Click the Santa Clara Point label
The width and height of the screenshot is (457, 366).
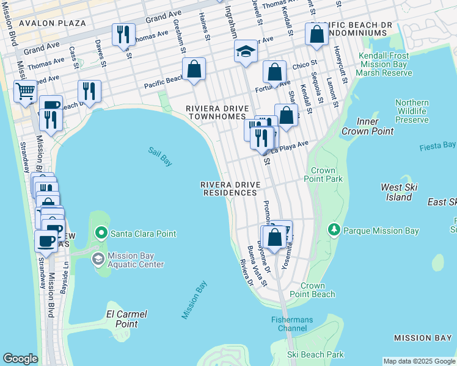143,234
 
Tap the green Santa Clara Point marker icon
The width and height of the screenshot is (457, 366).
101,233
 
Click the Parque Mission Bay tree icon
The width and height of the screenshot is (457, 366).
334,231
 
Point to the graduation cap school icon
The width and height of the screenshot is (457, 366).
246,51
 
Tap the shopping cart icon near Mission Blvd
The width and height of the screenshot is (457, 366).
25,92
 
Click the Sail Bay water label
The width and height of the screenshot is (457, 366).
159,156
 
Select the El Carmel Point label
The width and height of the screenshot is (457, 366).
123,319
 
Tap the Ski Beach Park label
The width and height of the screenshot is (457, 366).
316,354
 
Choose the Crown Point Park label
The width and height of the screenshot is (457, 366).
323,175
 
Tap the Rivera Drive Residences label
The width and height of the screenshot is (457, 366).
230,188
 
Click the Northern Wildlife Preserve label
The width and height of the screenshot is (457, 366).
412,112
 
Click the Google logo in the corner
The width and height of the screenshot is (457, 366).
20,359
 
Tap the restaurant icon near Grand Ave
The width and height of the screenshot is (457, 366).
124,35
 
